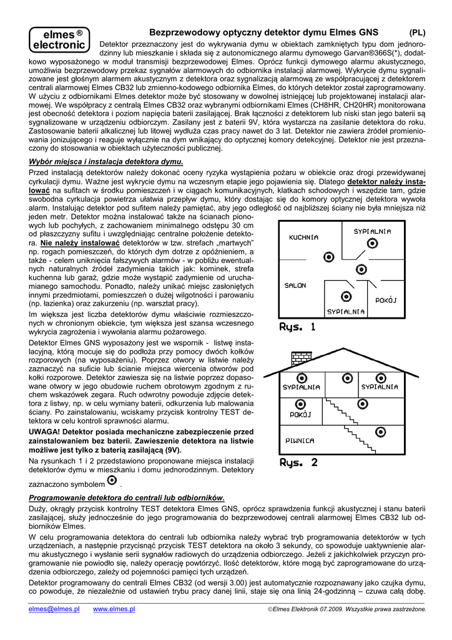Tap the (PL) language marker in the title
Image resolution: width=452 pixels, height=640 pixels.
point(418,32)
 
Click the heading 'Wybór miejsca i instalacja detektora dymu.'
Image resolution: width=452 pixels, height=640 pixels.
point(107,161)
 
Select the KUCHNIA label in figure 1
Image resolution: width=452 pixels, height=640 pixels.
point(303,237)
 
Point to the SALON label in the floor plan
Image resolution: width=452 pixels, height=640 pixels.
point(295,285)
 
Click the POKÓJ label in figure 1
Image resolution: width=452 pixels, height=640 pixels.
point(386,299)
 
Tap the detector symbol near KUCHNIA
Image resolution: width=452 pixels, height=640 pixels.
point(328,256)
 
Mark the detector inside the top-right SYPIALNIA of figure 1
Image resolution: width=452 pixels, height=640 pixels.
point(372,244)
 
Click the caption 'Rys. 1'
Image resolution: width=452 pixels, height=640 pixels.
point(297,327)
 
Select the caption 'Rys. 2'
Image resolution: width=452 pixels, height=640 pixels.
point(298,463)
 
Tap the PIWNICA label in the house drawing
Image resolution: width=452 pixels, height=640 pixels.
point(300,440)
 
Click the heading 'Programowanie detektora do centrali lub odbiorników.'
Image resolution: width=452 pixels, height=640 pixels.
point(127,497)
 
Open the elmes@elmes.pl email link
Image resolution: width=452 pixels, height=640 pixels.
point(54,609)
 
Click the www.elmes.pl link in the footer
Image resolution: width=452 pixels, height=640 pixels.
point(114,609)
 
